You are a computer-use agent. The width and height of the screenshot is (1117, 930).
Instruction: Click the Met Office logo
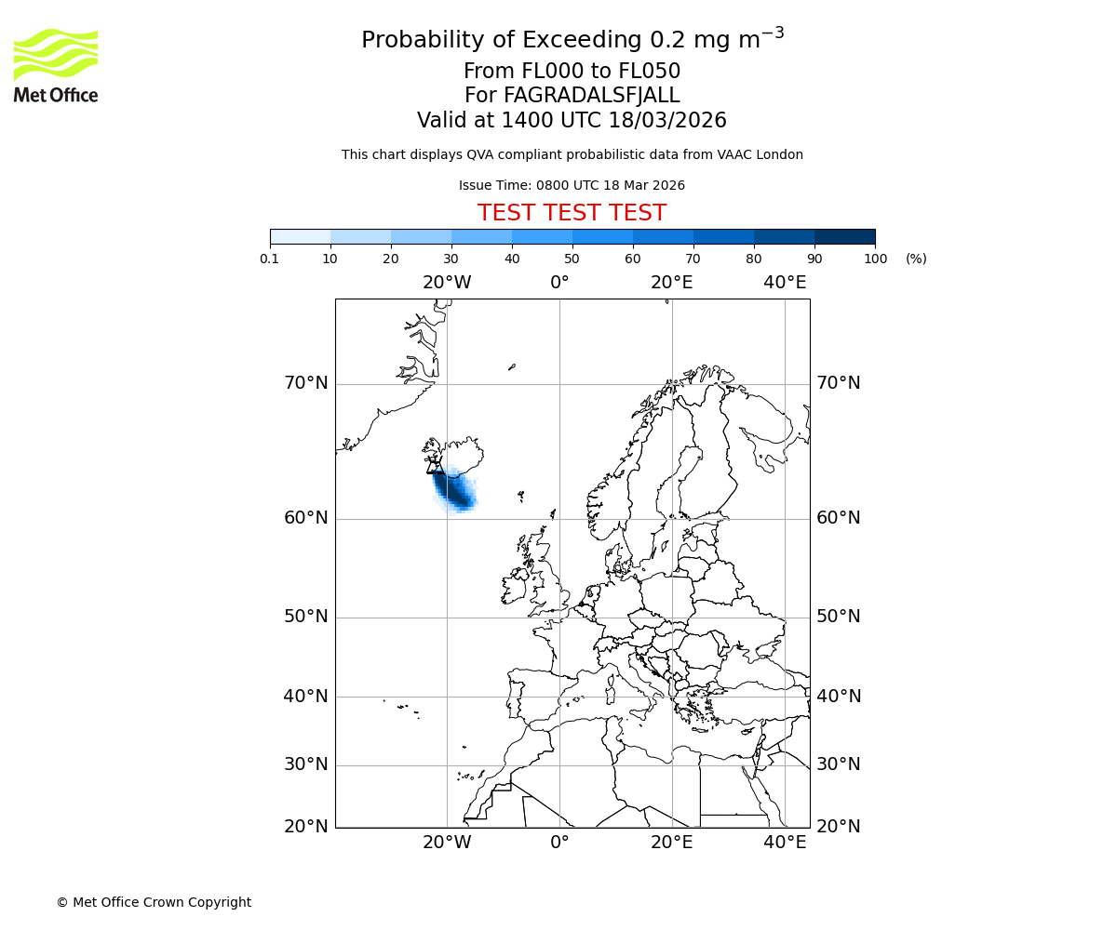click(56, 65)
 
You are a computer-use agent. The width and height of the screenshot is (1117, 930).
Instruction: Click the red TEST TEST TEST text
click(572, 213)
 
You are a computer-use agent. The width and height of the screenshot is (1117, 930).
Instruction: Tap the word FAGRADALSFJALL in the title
click(592, 96)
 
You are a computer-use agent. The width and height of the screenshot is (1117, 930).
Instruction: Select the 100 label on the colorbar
click(875, 259)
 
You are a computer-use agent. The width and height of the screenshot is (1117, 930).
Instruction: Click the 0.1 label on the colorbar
click(270, 259)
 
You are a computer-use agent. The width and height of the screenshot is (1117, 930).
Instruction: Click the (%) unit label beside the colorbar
click(916, 259)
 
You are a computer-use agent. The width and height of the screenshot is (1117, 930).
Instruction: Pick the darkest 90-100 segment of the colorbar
click(844, 236)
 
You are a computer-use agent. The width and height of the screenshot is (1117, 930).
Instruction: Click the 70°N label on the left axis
click(305, 383)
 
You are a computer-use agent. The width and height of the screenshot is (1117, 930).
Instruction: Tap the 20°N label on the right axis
click(838, 827)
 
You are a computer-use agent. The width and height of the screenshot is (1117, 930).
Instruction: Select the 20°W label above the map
click(447, 283)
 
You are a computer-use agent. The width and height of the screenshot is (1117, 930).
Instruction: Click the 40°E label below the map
click(785, 843)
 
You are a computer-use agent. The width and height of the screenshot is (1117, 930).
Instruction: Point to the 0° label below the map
click(559, 843)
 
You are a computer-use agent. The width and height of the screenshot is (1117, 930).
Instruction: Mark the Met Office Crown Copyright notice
click(154, 902)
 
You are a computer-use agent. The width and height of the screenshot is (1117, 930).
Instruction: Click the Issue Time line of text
click(572, 185)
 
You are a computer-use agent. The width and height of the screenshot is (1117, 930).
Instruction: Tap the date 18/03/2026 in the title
click(667, 121)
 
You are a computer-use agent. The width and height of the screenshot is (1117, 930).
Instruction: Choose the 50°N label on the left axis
click(305, 617)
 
